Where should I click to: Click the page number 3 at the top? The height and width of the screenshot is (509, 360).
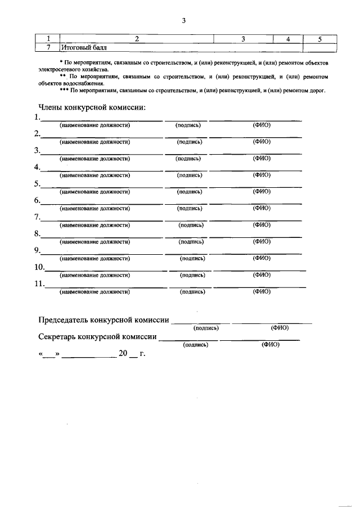(183, 21)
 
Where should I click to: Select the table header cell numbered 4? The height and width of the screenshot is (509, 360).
(287, 39)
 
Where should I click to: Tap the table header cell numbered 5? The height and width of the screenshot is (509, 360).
(319, 39)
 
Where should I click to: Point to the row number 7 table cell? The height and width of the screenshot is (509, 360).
(48, 47)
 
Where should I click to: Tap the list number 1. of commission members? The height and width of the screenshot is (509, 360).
(37, 117)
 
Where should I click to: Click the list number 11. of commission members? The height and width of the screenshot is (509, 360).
(39, 283)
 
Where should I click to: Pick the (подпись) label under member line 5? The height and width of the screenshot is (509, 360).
(190, 191)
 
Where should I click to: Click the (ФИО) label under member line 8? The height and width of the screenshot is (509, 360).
(262, 241)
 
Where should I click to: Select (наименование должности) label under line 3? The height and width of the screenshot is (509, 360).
(94, 158)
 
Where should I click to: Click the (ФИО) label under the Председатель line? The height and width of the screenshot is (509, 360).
(280, 327)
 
